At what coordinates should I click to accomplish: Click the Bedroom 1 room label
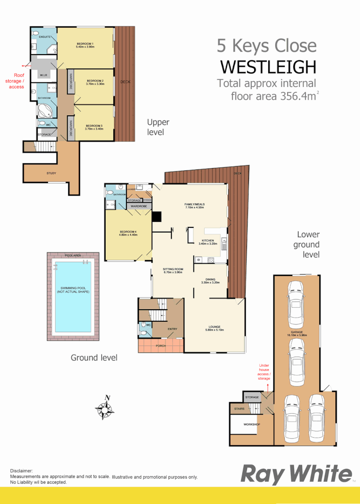86,46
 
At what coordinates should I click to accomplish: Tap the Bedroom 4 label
128,233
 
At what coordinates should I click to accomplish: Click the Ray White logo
296,474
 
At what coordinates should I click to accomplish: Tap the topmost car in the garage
296,305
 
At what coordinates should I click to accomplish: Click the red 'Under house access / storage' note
264,372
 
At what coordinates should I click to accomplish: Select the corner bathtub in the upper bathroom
46,111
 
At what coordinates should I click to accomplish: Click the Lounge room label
215,328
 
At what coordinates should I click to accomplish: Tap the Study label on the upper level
51,173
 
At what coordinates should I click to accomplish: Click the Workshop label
252,424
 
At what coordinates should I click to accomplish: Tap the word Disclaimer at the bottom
22,471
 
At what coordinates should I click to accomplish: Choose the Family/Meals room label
194,205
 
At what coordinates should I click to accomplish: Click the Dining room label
210,281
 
